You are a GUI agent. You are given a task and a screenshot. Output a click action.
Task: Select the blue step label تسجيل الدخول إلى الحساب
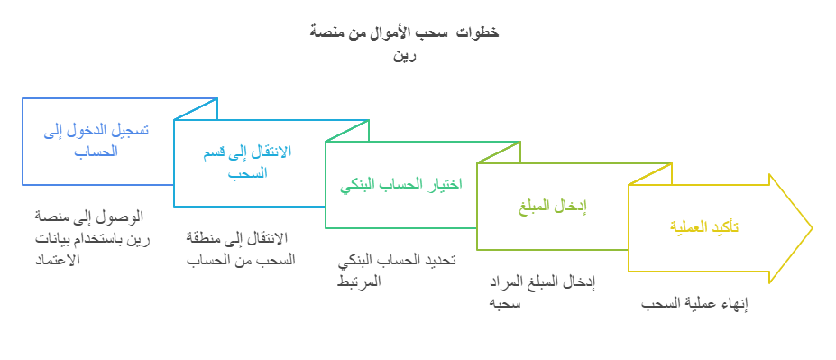tap(96, 140)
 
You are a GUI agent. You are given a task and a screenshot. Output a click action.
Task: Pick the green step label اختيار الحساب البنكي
tap(400, 185)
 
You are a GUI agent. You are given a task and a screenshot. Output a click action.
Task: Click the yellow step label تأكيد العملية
tap(704, 228)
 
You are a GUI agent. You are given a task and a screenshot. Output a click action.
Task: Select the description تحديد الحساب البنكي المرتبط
tap(396, 270)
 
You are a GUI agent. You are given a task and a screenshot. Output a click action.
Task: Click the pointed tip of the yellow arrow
tap(811, 228)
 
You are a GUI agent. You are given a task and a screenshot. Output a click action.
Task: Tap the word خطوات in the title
tap(479, 32)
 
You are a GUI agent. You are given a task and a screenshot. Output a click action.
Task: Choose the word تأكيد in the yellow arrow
tap(724, 228)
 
